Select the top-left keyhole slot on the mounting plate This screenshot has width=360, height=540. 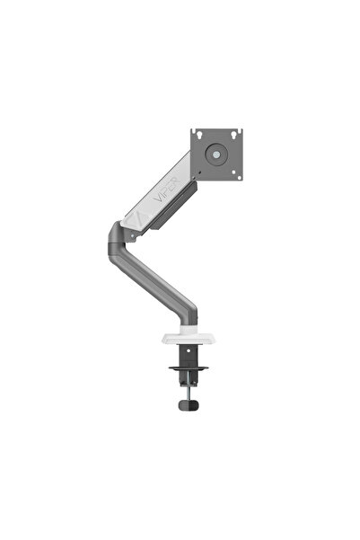(x=199, y=137)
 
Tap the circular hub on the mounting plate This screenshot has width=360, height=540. (x=217, y=155)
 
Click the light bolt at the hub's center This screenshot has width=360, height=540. (x=217, y=155)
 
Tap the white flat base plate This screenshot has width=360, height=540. (x=189, y=338)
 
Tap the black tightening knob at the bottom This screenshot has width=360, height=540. (x=189, y=407)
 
